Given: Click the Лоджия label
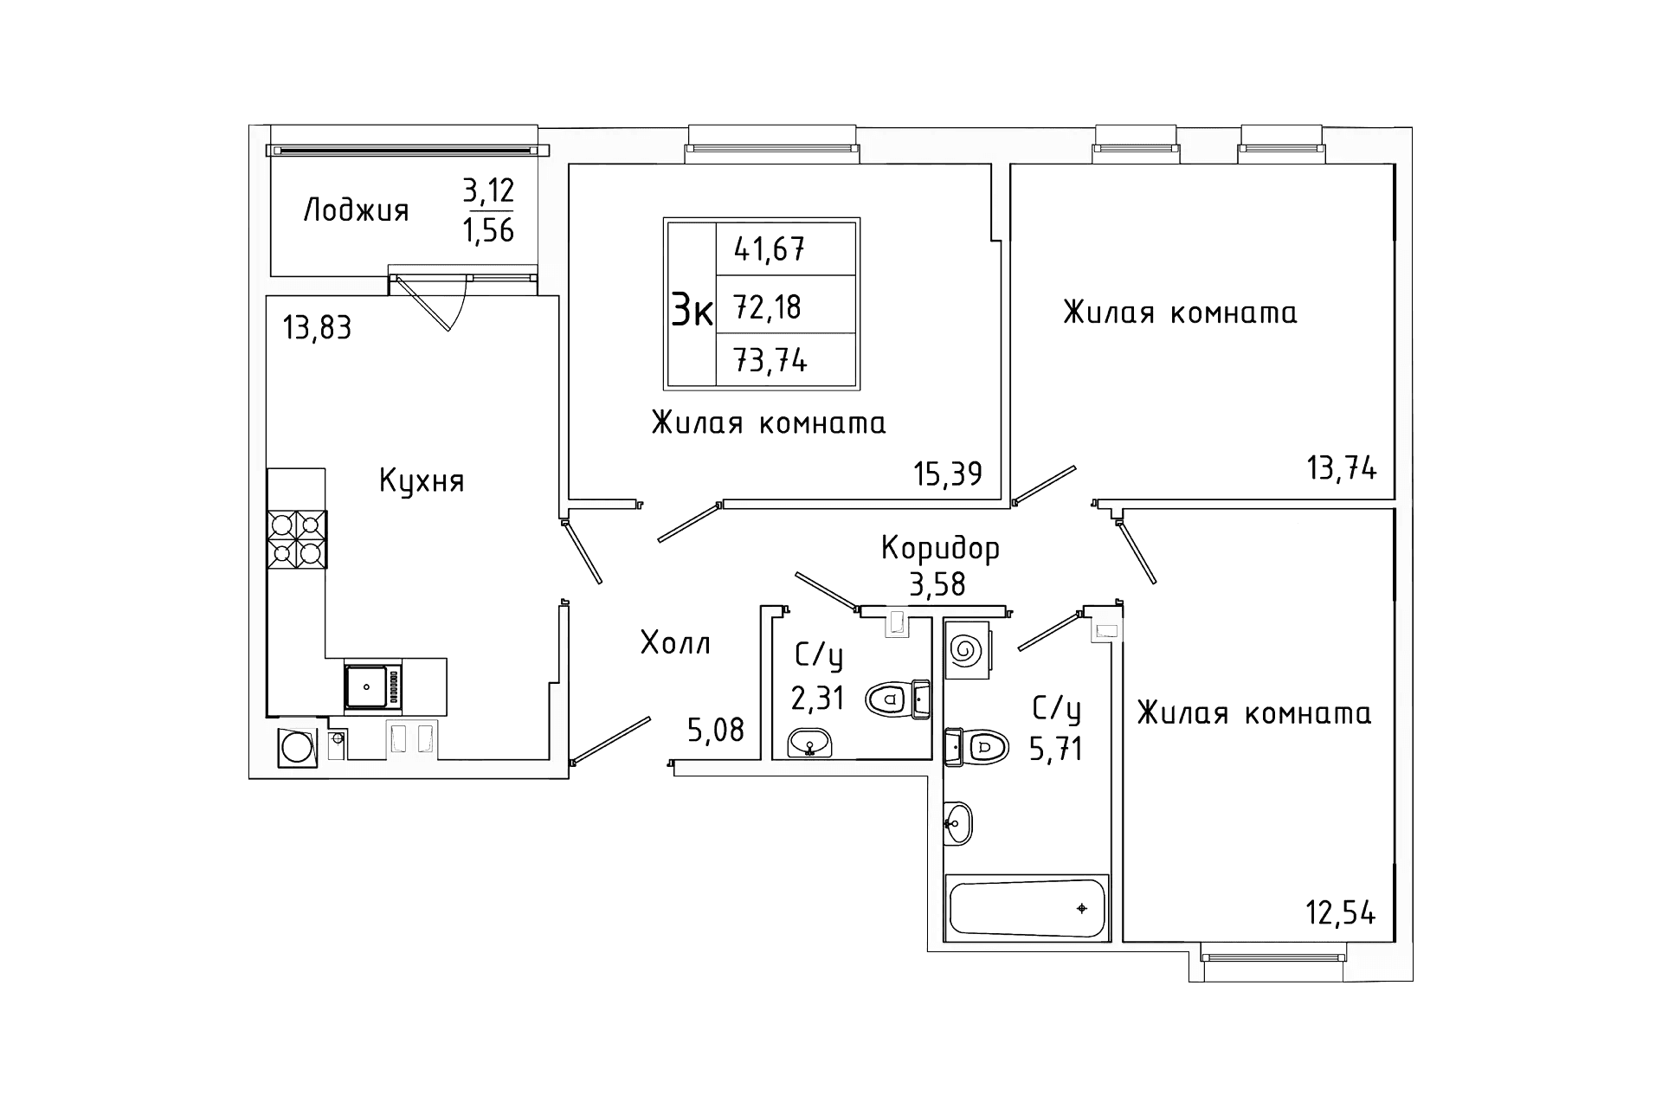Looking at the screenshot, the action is tap(356, 211).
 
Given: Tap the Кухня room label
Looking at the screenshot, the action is tap(422, 481).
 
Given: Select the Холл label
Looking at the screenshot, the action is tap(675, 642).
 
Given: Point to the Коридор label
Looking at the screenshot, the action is tap(940, 548).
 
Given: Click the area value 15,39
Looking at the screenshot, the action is tap(948, 473).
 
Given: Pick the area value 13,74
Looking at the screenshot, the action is tap(1341, 468).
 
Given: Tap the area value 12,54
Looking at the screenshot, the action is tap(1341, 912).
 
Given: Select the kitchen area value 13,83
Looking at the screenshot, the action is tap(317, 328).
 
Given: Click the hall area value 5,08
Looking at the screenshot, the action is tap(715, 730).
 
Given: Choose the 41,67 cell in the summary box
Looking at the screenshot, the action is tap(770, 250).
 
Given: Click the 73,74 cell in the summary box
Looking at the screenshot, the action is tap(770, 359).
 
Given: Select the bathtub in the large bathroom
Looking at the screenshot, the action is tap(1027, 906).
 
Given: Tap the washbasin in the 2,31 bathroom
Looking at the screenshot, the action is tap(809, 743).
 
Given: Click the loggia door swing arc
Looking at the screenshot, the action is tap(461, 301).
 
